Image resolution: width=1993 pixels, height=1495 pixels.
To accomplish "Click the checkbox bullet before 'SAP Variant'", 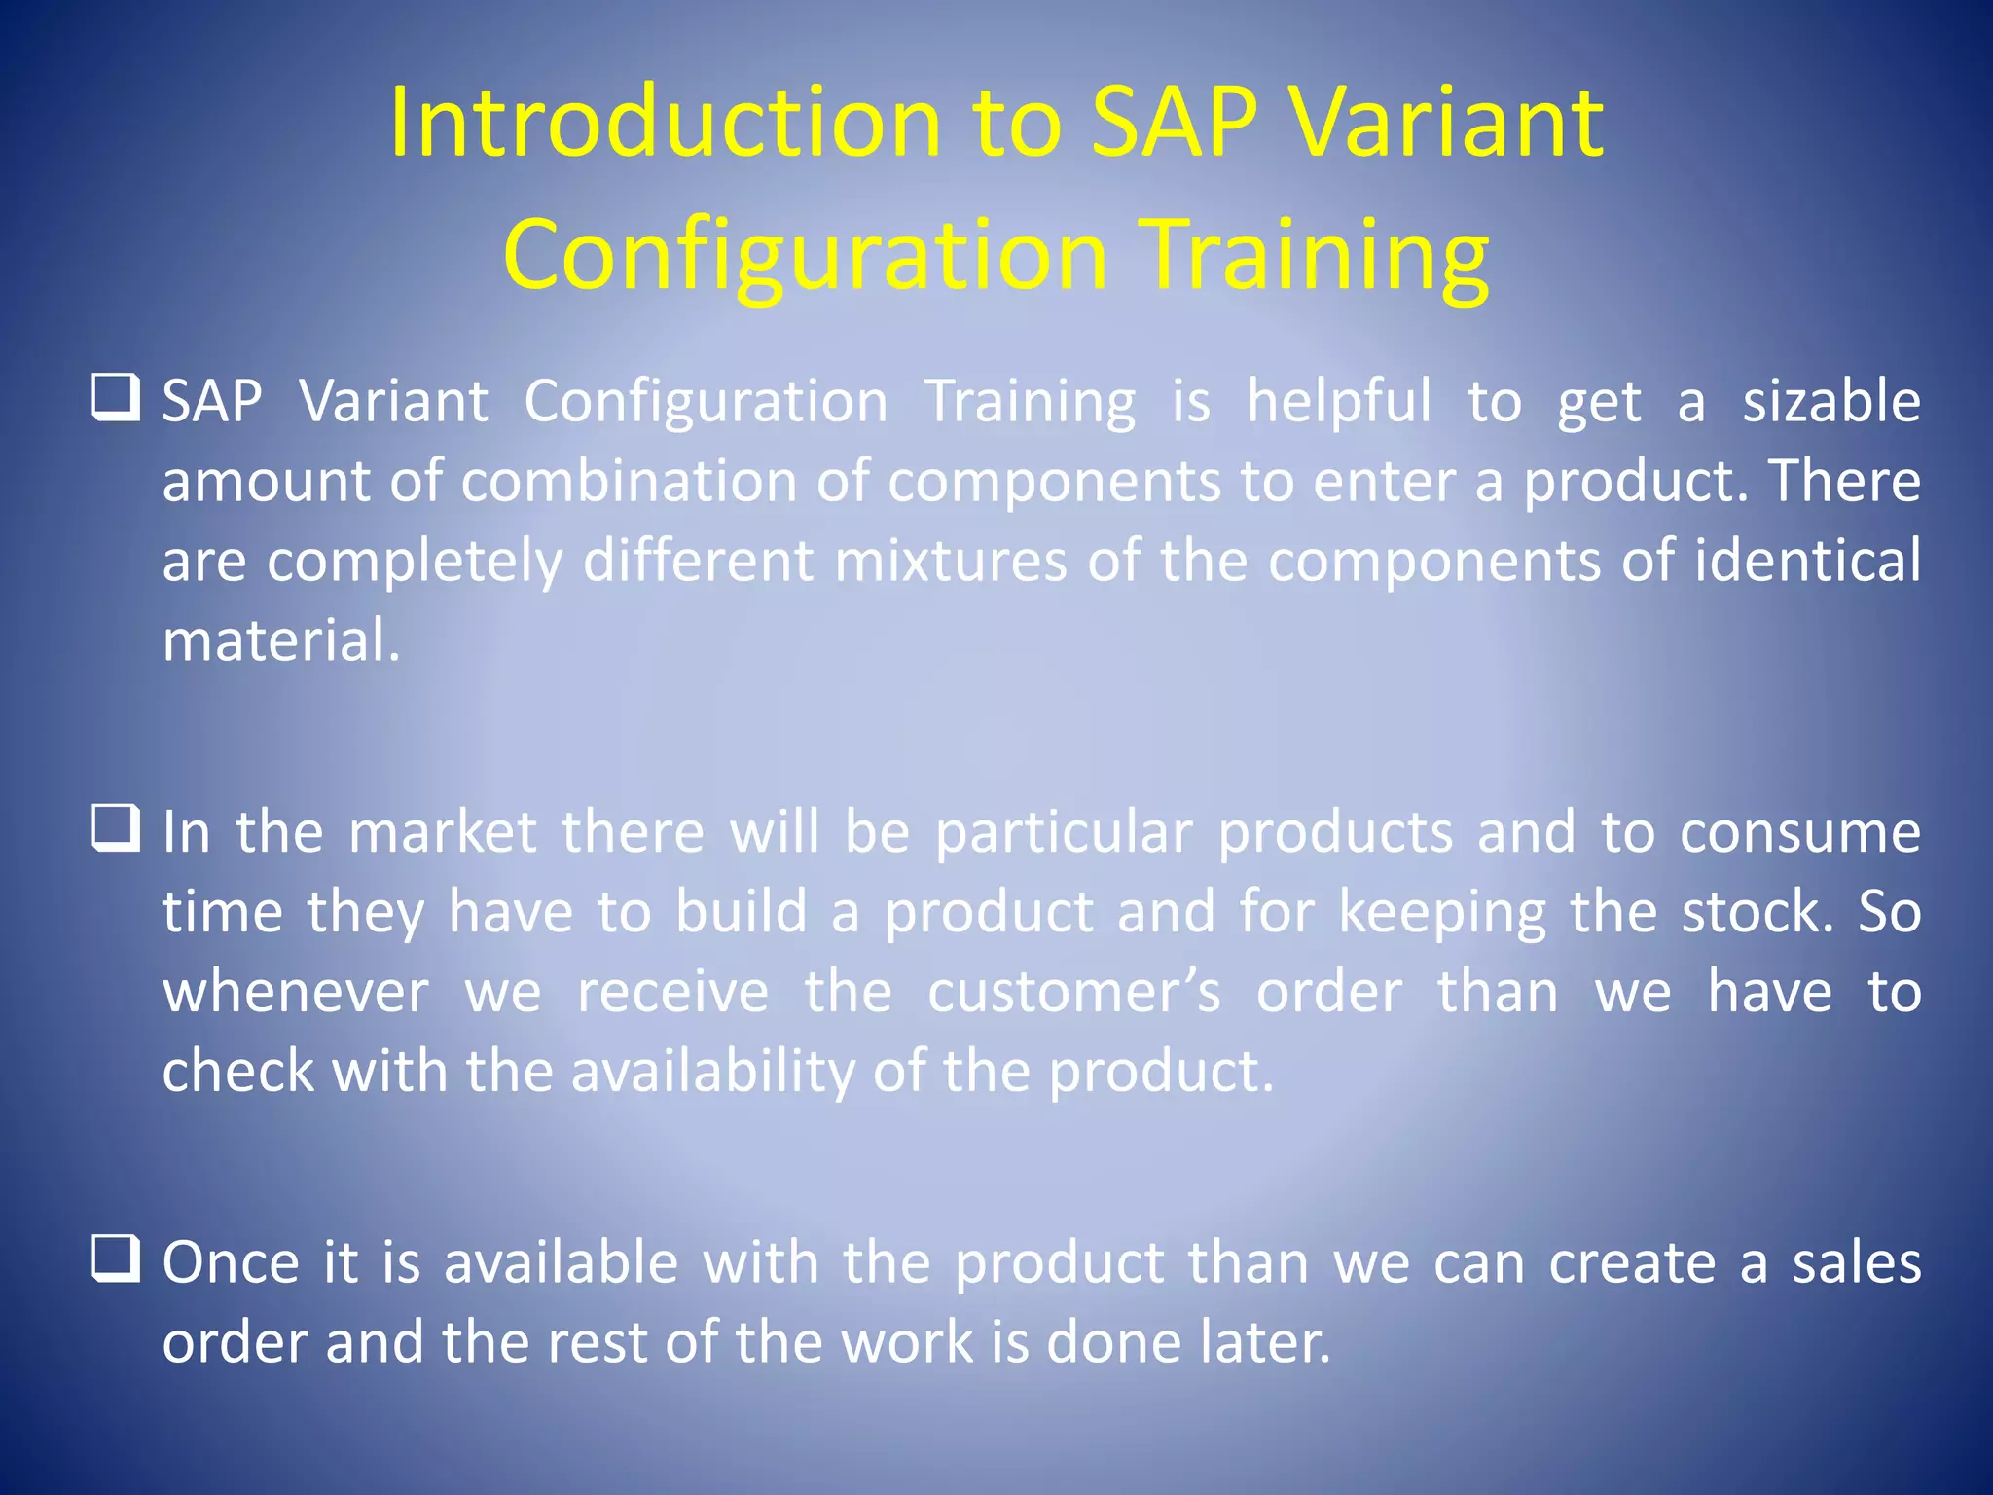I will tap(116, 398).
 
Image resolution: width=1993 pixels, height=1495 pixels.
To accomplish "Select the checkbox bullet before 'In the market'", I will tap(116, 828).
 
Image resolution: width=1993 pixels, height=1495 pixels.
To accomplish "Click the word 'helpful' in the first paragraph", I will tap(1339, 402).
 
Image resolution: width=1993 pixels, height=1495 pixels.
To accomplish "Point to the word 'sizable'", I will tap(1830, 402).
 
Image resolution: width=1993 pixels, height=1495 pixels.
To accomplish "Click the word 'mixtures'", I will tap(950, 562).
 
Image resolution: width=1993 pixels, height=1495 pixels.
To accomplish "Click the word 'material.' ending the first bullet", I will tap(281, 642).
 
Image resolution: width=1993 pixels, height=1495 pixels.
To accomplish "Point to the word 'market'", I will tap(442, 833).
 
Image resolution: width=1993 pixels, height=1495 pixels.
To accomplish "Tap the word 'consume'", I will tap(1799, 833).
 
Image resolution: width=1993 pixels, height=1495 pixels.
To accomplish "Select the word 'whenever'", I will tap(295, 993).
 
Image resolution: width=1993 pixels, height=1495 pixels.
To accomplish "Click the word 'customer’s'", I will tap(1073, 993).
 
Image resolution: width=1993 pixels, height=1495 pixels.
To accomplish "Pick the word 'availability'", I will tap(712, 1073).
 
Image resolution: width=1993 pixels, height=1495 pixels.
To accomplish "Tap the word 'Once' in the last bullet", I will tap(231, 1263).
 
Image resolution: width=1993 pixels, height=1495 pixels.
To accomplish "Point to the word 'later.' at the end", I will tap(1264, 1343).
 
